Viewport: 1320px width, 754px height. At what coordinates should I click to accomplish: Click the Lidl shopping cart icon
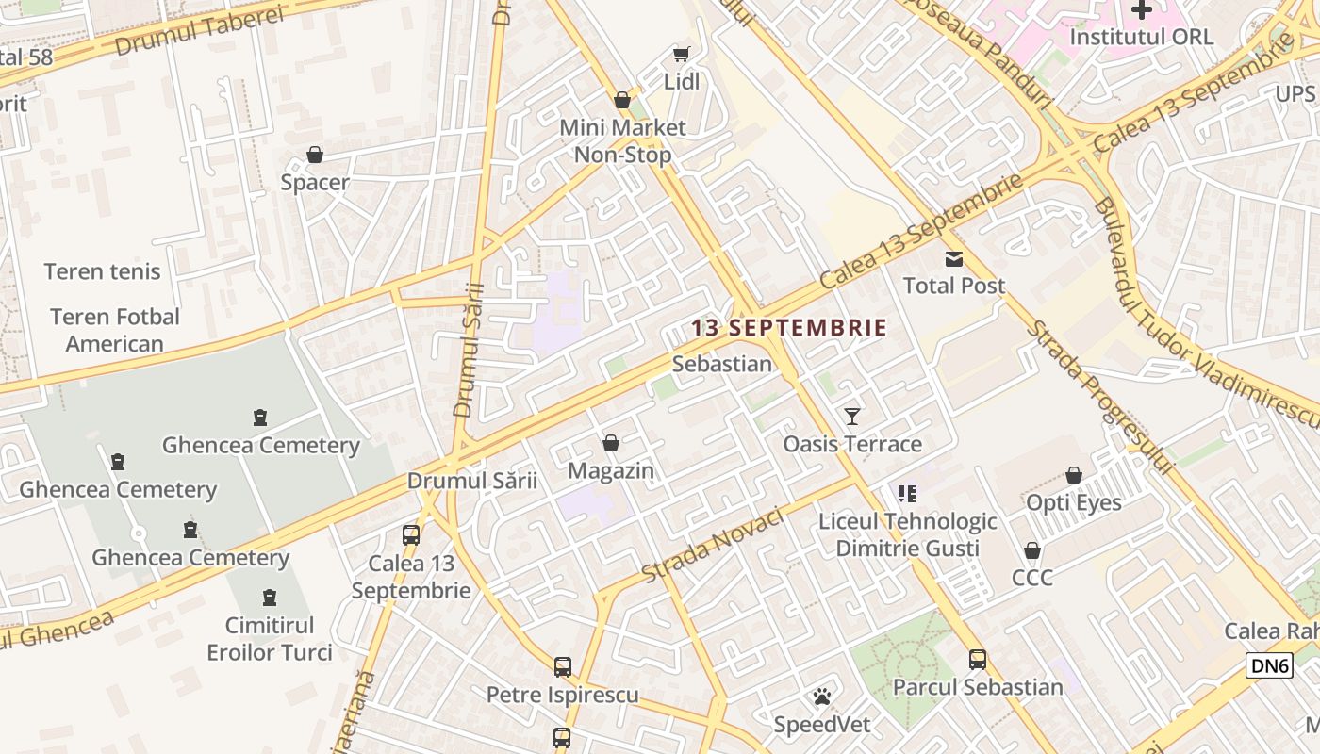tap(681, 55)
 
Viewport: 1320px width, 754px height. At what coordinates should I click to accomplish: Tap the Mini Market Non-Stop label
tap(622, 140)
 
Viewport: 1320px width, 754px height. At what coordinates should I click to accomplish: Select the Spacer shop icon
tap(315, 155)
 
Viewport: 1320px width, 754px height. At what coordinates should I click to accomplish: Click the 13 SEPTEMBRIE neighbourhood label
tap(788, 328)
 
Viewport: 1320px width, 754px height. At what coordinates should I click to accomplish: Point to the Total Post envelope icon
tap(954, 258)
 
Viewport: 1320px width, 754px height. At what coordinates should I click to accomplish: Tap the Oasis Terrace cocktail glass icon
tap(852, 416)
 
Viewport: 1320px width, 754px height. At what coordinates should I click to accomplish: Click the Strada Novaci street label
tap(713, 546)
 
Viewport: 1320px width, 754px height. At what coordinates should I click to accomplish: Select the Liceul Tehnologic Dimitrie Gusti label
tap(907, 534)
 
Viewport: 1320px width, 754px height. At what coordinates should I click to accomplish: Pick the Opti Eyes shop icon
tap(1073, 475)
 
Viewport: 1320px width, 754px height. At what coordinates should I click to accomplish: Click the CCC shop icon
tap(1032, 550)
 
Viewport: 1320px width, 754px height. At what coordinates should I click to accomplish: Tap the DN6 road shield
tap(1268, 665)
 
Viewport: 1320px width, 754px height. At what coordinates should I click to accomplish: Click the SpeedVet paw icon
tap(822, 697)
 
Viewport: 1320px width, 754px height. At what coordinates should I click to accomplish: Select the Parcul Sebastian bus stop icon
tap(978, 660)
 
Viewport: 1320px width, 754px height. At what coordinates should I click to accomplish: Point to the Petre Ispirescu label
tap(562, 695)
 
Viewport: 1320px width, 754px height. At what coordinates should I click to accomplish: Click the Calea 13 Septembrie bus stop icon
tap(411, 535)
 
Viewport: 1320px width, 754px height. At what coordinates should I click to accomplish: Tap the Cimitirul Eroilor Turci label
tap(270, 638)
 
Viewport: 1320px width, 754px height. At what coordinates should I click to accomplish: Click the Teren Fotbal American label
tap(115, 330)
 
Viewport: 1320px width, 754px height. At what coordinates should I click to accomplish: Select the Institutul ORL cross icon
tap(1142, 10)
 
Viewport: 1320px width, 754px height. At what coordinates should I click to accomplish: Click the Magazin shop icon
tap(611, 443)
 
